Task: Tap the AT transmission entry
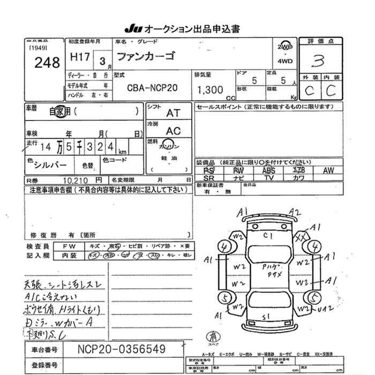[173, 113]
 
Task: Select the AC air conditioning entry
[173, 131]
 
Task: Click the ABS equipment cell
[268, 170]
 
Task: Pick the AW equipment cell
[328, 170]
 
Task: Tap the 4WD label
[285, 61]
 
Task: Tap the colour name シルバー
[50, 163]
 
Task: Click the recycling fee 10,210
[75, 181]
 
